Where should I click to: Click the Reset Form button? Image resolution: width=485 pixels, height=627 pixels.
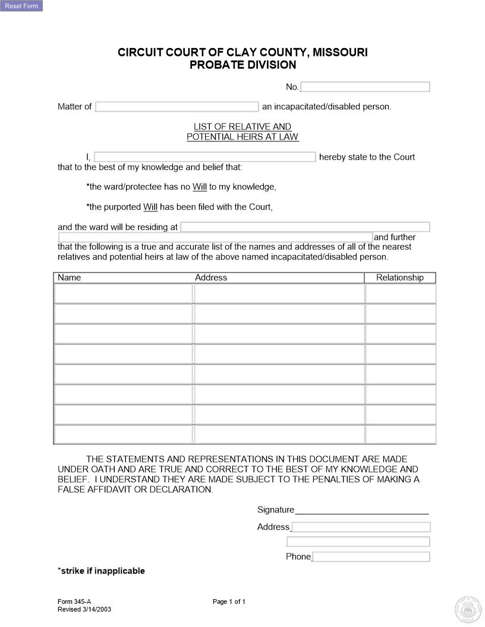tap(21, 6)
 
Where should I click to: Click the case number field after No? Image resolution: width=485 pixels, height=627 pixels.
tap(365, 87)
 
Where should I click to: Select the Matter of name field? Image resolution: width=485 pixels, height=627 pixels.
tap(177, 107)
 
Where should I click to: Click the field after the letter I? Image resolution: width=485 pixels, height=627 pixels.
tap(204, 157)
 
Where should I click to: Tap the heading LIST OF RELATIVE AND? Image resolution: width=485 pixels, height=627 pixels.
tap(242, 126)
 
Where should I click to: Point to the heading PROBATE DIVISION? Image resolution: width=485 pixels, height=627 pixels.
tap(242, 65)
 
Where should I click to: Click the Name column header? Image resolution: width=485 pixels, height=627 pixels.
tap(70, 277)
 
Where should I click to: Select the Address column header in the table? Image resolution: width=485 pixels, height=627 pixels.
tap(211, 277)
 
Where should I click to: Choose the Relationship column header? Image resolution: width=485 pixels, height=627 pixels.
tap(399, 277)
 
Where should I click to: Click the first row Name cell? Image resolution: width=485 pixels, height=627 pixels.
tap(123, 293)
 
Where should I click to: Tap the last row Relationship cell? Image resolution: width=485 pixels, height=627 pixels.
tap(400, 434)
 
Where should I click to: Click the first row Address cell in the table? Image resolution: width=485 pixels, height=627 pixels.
tap(279, 293)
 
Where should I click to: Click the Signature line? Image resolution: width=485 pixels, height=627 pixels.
tap(361, 509)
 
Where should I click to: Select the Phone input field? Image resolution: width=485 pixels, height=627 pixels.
tap(371, 557)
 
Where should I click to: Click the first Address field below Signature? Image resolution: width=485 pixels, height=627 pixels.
tap(361, 527)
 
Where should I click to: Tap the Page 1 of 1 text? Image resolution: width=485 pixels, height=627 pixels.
tap(229, 601)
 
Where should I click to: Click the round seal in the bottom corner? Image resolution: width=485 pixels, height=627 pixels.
tap(468, 609)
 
